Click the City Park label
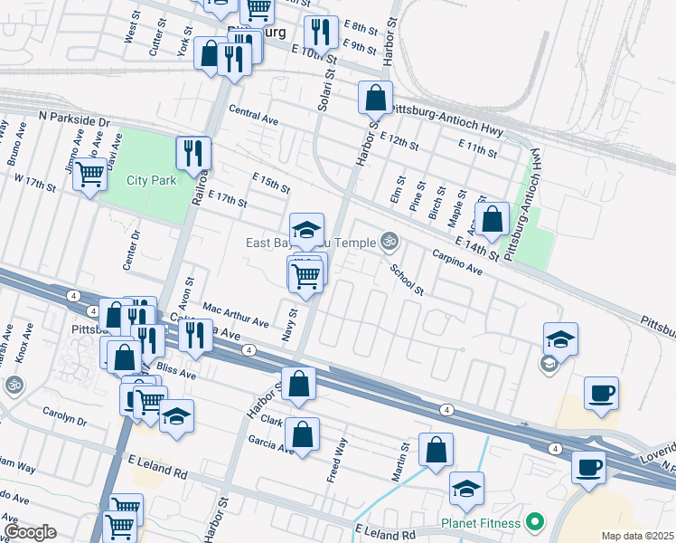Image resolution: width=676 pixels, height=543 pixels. point(151,180)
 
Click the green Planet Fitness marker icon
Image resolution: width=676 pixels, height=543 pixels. point(535,522)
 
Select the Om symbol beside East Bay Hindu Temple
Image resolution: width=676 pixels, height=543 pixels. point(390,241)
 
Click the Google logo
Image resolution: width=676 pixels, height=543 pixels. point(30,532)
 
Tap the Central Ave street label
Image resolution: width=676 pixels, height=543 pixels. point(253,117)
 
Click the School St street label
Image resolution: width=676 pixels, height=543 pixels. point(407,280)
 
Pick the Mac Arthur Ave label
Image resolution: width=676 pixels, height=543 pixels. point(236,316)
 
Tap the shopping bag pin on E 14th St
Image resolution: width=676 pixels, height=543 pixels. point(492,218)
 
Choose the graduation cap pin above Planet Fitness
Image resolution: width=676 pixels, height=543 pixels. point(466,489)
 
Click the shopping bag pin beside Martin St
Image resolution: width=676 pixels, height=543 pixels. point(436,450)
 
